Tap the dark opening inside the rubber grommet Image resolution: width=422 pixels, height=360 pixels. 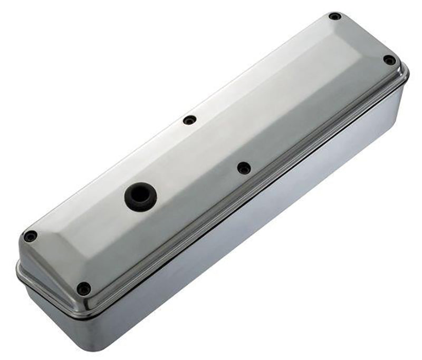coord(140,194)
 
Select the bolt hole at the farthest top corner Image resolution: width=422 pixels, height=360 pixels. coord(334,16)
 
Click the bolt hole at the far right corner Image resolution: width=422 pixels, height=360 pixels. coord(389,60)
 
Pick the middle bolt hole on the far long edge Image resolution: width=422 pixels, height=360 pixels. coord(190,120)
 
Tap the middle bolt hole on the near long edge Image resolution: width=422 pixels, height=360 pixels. coord(244,168)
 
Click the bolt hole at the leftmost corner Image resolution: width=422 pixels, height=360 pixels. coord(31,236)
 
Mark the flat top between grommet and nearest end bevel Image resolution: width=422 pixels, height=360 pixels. coord(95,227)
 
